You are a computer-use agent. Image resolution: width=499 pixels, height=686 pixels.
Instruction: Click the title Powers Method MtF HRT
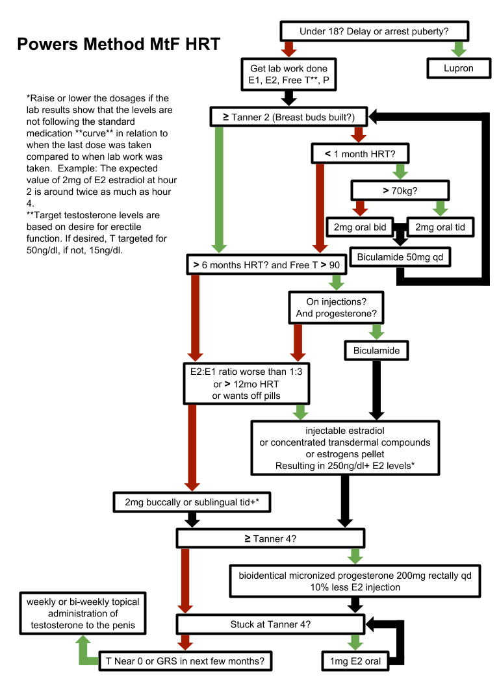click(x=118, y=45)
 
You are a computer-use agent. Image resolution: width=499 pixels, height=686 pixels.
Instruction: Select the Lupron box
click(x=458, y=68)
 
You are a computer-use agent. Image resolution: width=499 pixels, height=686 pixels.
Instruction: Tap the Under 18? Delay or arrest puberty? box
click(x=374, y=31)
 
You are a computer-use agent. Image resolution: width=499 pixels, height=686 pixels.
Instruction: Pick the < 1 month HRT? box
click(x=359, y=153)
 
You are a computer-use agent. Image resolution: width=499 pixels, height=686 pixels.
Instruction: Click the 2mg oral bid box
click(x=360, y=227)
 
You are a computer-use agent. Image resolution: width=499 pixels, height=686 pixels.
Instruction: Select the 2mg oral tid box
click(x=440, y=227)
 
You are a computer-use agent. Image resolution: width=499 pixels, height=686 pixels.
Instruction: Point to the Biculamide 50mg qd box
click(x=399, y=257)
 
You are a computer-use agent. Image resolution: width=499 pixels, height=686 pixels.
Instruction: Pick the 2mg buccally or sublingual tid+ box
click(x=191, y=502)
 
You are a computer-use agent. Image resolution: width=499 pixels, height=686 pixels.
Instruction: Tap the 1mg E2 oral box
click(x=354, y=661)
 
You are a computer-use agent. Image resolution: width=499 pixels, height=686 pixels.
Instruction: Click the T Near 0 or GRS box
click(x=185, y=661)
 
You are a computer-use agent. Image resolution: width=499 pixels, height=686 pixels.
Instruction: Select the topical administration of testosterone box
click(x=83, y=613)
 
